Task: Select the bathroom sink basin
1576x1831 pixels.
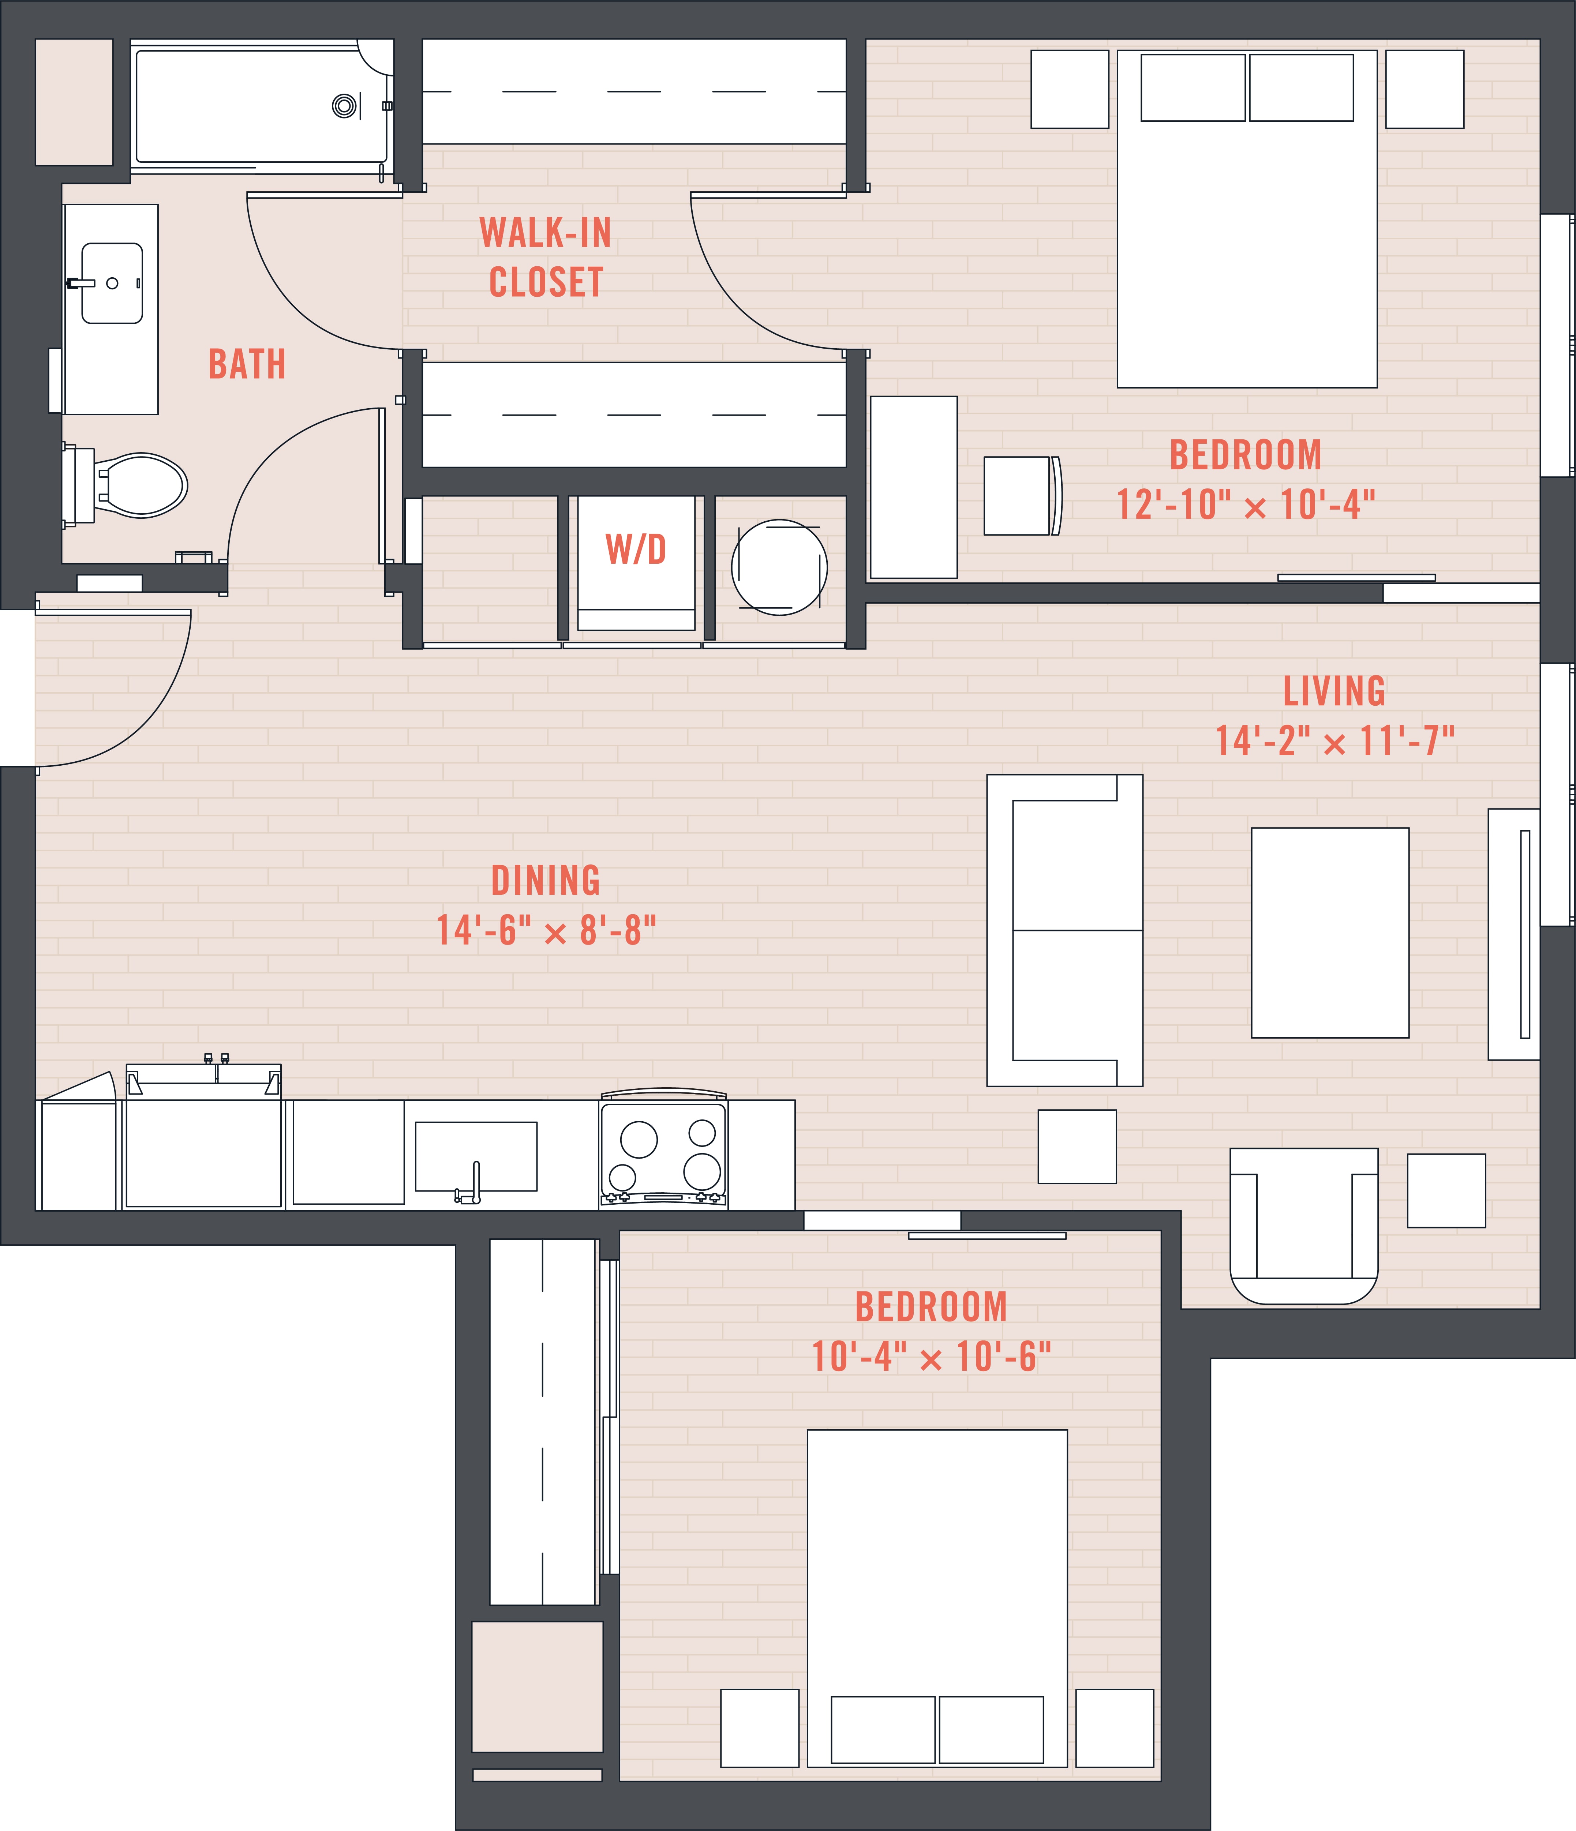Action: coord(112,283)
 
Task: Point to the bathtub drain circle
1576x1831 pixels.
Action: coord(345,106)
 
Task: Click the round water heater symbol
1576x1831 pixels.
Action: coord(780,567)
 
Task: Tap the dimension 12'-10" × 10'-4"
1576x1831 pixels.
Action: coord(1246,504)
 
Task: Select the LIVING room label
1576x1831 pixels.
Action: coord(1335,691)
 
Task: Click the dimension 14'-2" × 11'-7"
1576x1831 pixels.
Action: coord(1335,740)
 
